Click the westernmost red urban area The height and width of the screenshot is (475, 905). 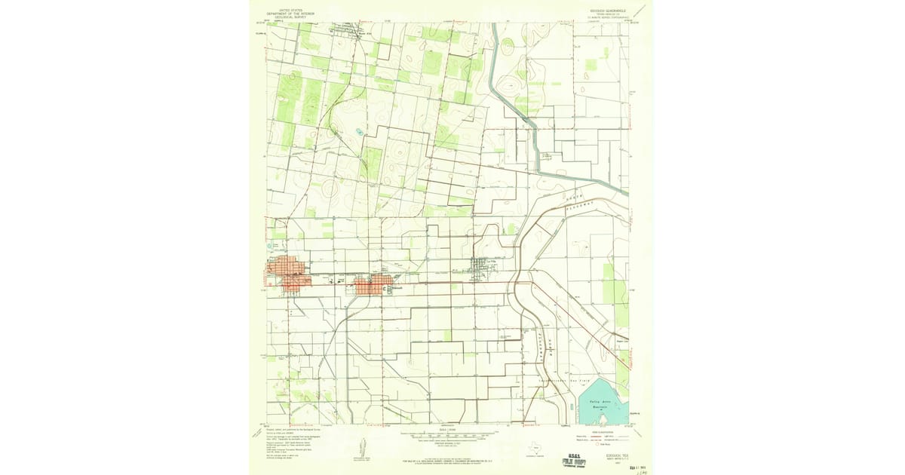pos(288,274)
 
